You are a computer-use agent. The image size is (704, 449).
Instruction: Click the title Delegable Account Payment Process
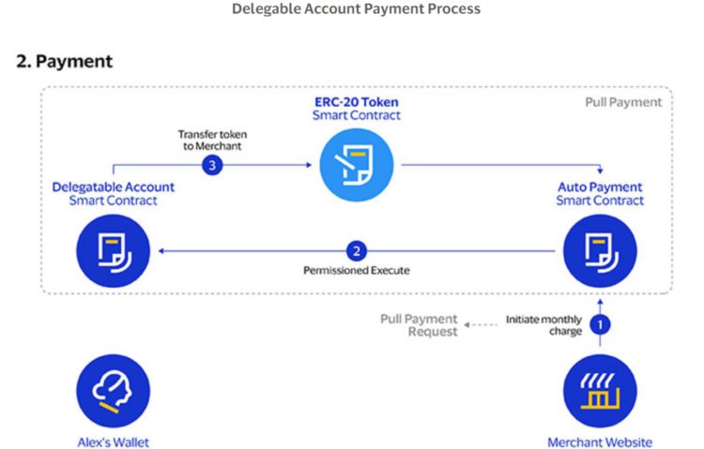click(x=356, y=9)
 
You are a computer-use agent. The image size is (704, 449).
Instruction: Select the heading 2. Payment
click(x=65, y=61)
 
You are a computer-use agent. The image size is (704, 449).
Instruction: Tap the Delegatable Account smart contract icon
click(x=113, y=249)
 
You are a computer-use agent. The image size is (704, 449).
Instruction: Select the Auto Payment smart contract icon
click(x=600, y=249)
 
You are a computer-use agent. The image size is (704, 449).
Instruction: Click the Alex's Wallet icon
click(x=113, y=391)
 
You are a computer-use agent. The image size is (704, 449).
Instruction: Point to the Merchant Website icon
click(x=600, y=391)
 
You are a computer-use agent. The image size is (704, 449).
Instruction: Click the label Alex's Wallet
click(x=113, y=442)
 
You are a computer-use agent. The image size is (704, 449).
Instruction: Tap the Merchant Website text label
click(x=600, y=442)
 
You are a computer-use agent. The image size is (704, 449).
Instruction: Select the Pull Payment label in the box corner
click(x=623, y=102)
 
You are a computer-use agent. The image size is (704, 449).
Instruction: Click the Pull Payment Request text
click(x=419, y=325)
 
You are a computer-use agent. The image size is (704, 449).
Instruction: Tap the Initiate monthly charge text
click(x=543, y=325)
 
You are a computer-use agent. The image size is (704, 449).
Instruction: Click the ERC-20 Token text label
click(x=356, y=107)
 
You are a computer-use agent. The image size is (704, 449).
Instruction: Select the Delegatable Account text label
click(x=113, y=193)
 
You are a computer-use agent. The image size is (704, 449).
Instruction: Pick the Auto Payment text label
click(x=600, y=193)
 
